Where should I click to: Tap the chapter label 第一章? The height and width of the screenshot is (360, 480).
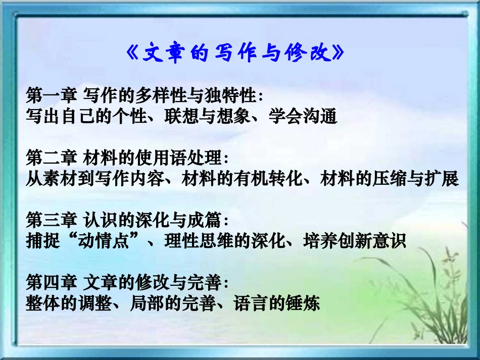[x=51, y=95]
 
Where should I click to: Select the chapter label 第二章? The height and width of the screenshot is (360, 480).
[x=51, y=158]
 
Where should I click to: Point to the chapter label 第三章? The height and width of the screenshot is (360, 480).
[x=51, y=221]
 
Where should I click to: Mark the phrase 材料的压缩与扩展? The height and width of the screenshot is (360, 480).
[x=390, y=179]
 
